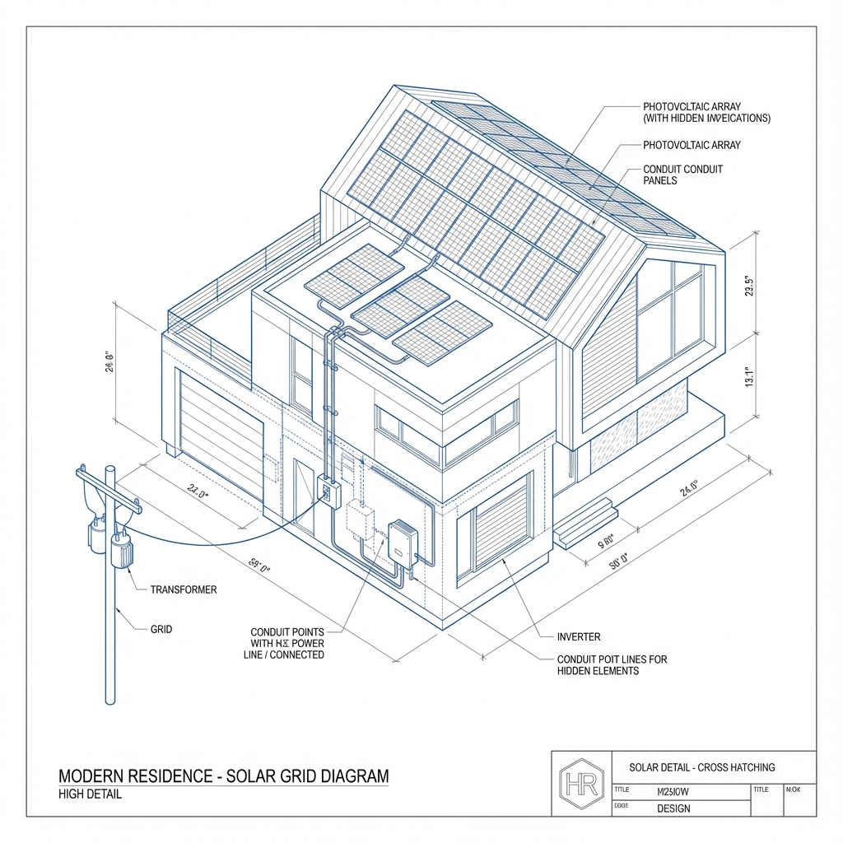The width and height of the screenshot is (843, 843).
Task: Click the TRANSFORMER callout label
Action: pos(184,589)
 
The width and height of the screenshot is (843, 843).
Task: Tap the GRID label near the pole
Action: pos(161,629)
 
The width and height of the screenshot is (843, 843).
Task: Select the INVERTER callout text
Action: pos(579,636)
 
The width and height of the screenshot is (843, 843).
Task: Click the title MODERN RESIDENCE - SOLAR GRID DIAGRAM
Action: pos(224,776)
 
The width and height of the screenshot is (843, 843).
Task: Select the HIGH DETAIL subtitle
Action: pos(91,794)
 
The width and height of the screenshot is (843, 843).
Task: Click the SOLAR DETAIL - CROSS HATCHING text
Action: pos(701,767)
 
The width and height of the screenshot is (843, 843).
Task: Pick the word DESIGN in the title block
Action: pos(673,808)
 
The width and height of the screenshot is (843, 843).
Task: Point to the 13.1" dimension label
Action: pos(749,377)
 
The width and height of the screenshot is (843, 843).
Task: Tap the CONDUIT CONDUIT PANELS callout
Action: pos(682,175)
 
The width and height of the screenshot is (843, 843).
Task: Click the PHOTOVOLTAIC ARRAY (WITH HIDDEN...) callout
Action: pos(706,113)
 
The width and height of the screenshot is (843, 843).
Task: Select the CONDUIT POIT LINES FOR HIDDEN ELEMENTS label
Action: pos(612,665)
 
